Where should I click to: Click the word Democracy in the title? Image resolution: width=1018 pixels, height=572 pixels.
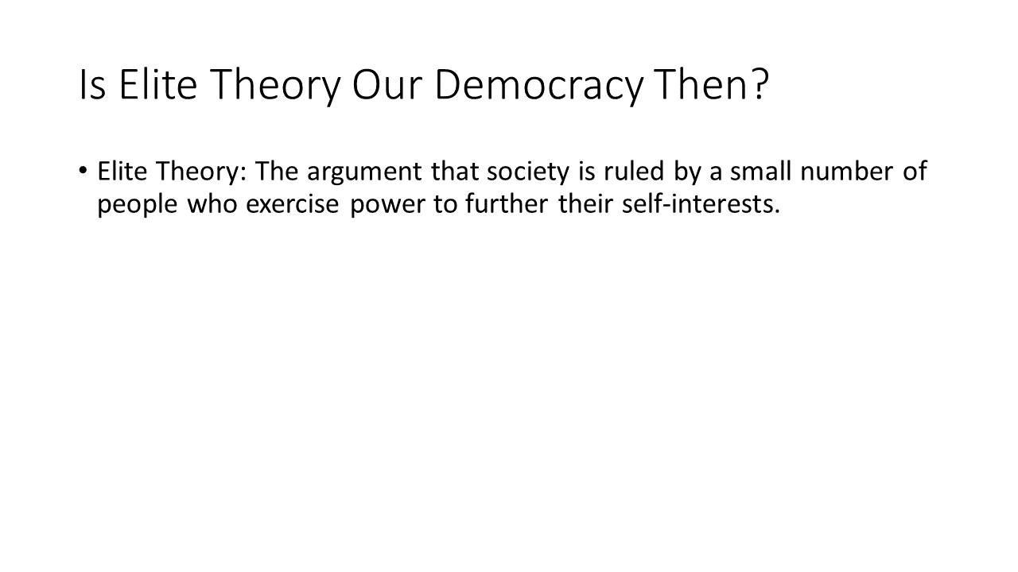pos(539,86)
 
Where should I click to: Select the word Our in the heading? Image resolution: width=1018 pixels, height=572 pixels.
pos(387,85)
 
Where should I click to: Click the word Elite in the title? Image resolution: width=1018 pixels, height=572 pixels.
pos(158,84)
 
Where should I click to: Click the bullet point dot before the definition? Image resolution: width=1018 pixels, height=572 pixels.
pos(82,171)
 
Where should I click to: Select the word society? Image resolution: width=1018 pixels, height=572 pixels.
pos(527,172)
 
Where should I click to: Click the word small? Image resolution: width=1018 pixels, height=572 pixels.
pos(760,171)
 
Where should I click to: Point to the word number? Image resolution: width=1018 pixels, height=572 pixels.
pos(847,171)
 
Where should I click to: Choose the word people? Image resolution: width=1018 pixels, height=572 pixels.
pos(138,205)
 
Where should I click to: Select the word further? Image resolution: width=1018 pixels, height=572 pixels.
pos(507,203)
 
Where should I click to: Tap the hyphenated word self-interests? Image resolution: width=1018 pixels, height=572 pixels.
pos(701,203)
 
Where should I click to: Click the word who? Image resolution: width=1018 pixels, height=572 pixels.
pos(212,203)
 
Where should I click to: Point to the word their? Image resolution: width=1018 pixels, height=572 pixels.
pos(586,203)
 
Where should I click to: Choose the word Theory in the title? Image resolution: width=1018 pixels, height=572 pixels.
pos(276,86)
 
